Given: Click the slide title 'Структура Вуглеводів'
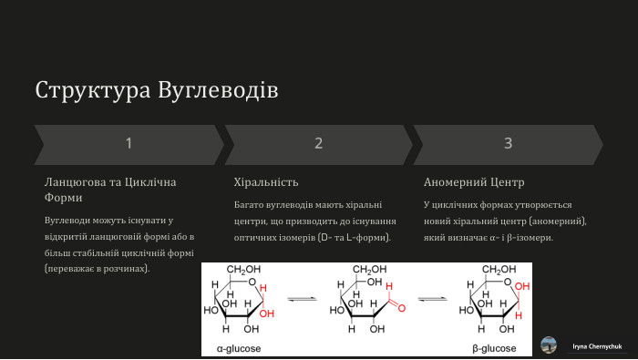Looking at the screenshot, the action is coord(157,91).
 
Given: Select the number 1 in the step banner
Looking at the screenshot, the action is coord(129,143).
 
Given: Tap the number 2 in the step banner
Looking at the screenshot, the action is coord(318,143).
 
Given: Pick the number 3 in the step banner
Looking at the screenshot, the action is coord(508,143).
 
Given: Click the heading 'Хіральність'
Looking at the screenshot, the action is coord(266,182).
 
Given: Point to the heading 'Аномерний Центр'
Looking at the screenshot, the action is coord(474,182).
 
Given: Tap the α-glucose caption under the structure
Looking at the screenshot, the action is coord(239,348).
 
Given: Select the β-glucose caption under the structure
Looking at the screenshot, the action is coord(494,348).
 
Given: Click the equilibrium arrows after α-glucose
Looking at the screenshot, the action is coord(302,298).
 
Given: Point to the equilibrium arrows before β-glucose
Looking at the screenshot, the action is coord(432,298).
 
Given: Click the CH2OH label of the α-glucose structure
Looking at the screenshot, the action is coord(243,270).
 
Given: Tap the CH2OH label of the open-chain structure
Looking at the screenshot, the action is coord(370,270).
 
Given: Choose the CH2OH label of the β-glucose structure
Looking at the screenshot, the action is coord(499,270).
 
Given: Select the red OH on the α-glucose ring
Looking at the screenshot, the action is coord(266,314).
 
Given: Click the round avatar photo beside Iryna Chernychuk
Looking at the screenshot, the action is coord(549,345).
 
